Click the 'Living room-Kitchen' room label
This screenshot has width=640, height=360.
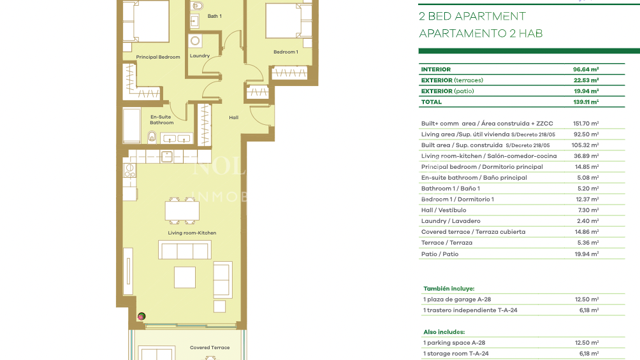pyautogui.click(x=192, y=233)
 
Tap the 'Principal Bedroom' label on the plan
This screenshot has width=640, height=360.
pyautogui.click(x=158, y=57)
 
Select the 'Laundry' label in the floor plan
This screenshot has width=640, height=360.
pyautogui.click(x=200, y=56)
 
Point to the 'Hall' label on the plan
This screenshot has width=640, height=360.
pyautogui.click(x=233, y=117)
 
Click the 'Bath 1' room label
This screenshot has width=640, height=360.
pyautogui.click(x=214, y=16)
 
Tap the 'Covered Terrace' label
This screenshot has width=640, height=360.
pyautogui.click(x=210, y=348)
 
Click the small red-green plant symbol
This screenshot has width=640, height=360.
pyautogui.click(x=142, y=316)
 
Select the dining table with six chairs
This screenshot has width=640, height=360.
pyautogui.click(x=182, y=210)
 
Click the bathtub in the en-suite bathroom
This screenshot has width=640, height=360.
pyautogui.click(x=132, y=126)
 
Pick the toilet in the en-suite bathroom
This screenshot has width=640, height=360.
pyautogui.click(x=152, y=136)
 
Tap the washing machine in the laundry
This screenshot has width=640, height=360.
pyautogui.click(x=196, y=41)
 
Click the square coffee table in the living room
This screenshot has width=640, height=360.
pyautogui.click(x=185, y=277)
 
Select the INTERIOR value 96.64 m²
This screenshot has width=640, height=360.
pyautogui.click(x=586, y=69)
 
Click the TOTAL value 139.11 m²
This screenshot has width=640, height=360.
pyautogui.click(x=586, y=102)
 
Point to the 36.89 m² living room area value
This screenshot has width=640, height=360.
pyautogui.click(x=586, y=156)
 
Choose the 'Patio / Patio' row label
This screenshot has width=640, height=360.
pyautogui.click(x=440, y=254)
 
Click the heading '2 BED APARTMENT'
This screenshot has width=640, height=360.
pyautogui.click(x=472, y=17)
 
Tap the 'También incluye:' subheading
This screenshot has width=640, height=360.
pyautogui.click(x=449, y=289)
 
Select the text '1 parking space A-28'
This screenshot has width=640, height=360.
pyautogui.click(x=454, y=343)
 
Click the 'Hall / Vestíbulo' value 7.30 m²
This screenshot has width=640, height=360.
pyautogui.click(x=586, y=210)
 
